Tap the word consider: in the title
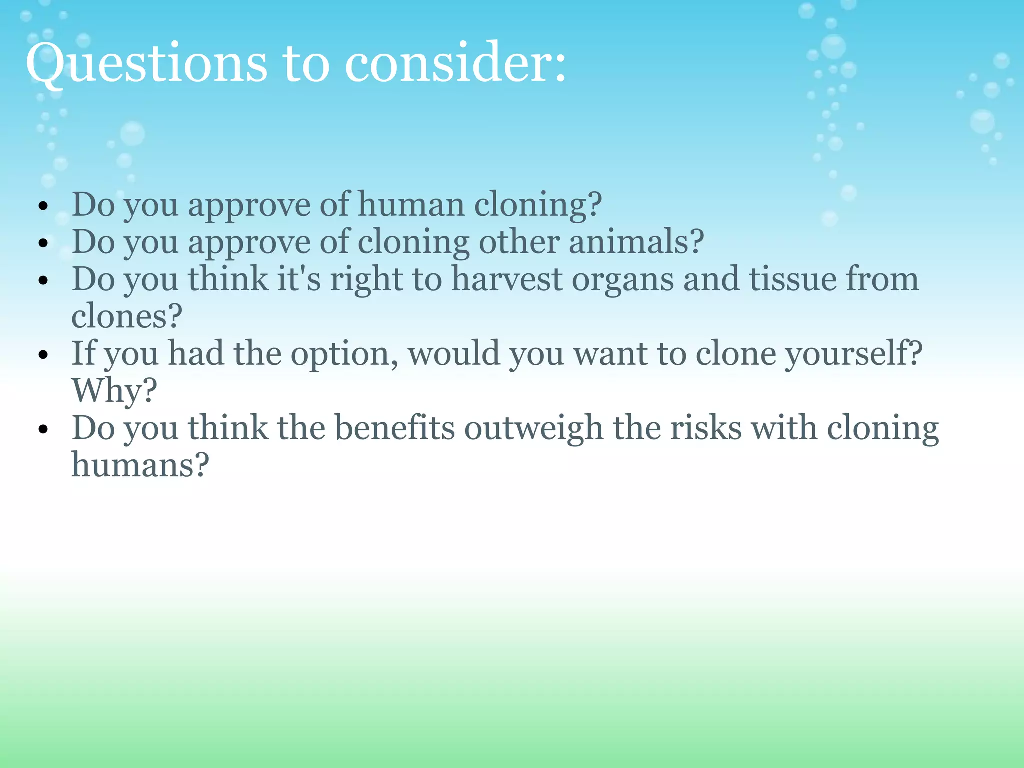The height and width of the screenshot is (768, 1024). point(455,64)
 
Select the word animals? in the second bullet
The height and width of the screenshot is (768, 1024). point(636,242)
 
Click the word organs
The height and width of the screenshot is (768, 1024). point(622,280)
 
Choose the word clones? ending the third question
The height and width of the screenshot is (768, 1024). point(127,316)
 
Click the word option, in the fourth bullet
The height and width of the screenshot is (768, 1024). point(344,354)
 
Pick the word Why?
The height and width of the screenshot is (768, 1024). point(114,391)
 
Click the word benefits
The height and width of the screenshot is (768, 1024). point(394,428)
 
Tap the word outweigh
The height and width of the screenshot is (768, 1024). point(533,428)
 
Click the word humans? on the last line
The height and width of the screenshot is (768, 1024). point(140,465)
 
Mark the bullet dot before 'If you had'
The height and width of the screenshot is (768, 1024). point(44,355)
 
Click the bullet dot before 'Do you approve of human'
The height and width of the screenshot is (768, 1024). point(44,206)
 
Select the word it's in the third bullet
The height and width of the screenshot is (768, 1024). point(299,279)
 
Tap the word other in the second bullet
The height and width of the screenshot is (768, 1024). point(518,242)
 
